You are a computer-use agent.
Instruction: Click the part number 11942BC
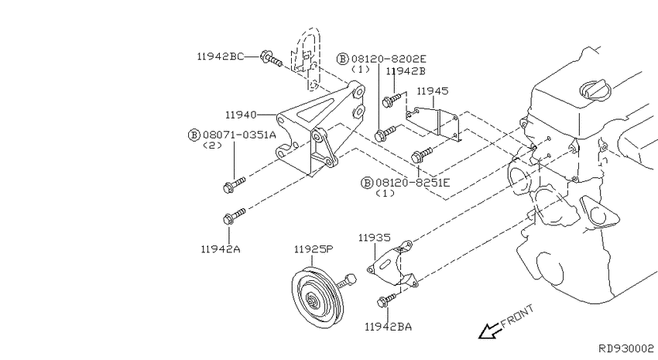(x=220, y=57)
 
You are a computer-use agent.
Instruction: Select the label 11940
(x=242, y=114)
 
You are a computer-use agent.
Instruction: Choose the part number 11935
(x=374, y=238)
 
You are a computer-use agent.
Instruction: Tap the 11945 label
(x=432, y=91)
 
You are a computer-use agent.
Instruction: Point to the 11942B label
(x=406, y=71)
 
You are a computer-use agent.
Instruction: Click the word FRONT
(x=517, y=317)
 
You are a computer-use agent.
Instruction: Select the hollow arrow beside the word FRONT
(x=488, y=331)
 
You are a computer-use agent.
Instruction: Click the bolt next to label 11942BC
(x=270, y=57)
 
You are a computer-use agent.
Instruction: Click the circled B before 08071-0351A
(x=193, y=135)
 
